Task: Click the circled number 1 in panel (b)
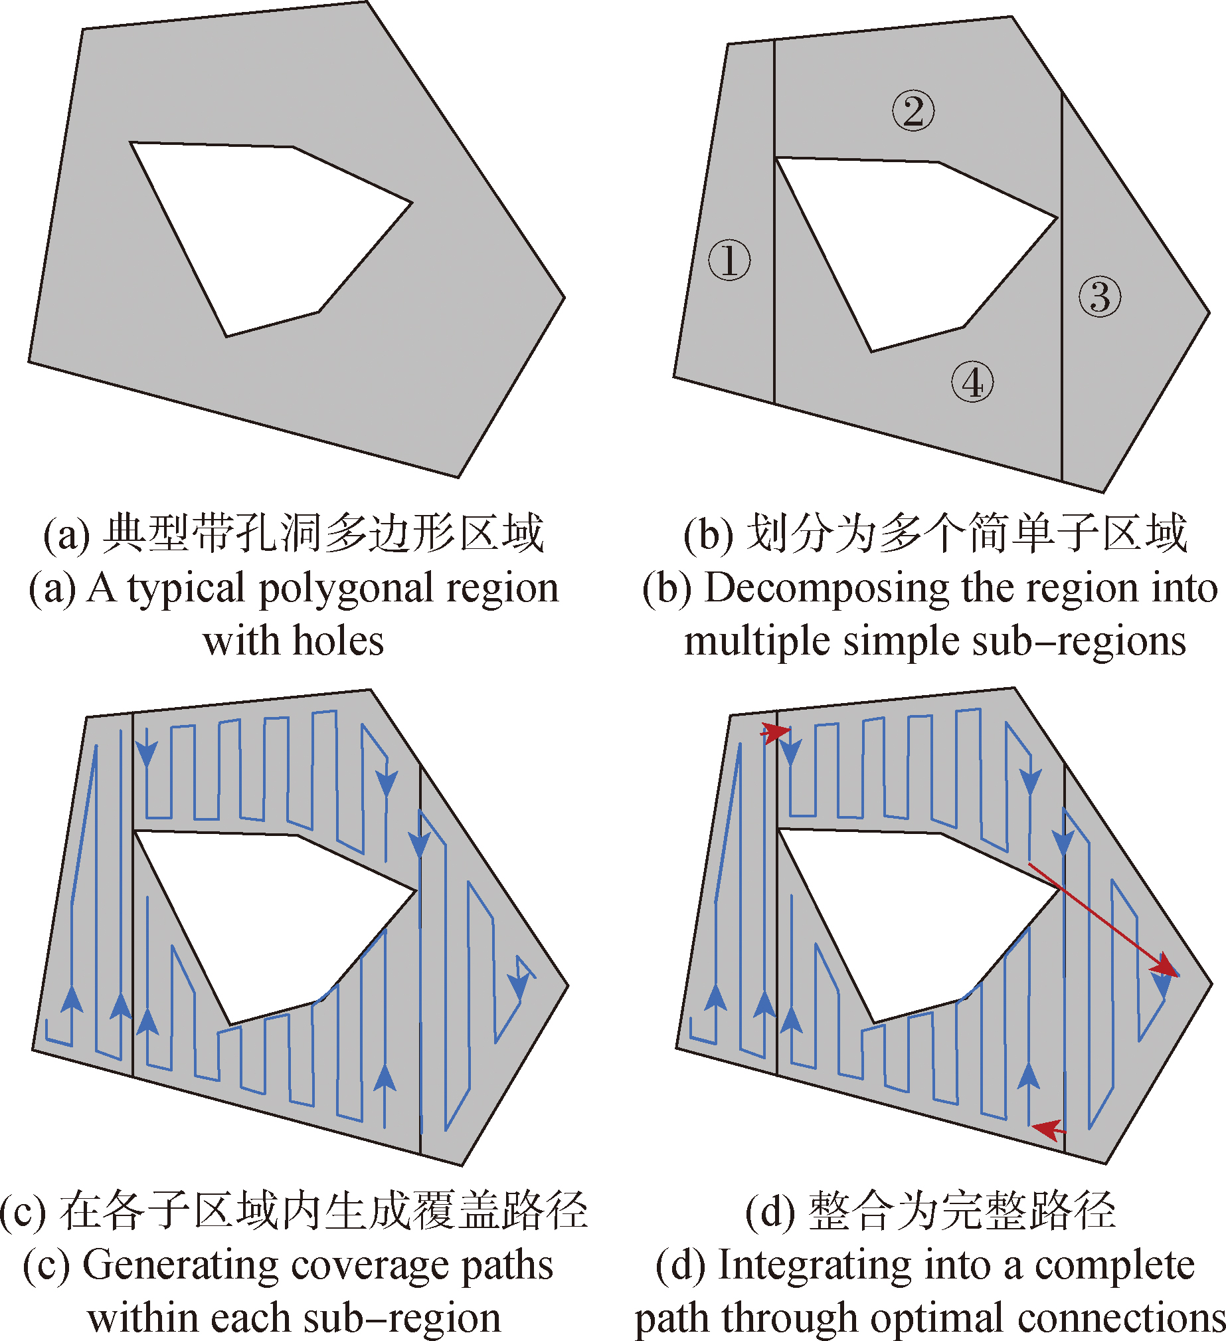click(729, 260)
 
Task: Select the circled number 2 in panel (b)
click(913, 111)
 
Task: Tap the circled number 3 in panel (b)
click(1100, 296)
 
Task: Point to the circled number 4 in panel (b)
click(972, 383)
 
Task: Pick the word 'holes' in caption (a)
click(339, 641)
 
